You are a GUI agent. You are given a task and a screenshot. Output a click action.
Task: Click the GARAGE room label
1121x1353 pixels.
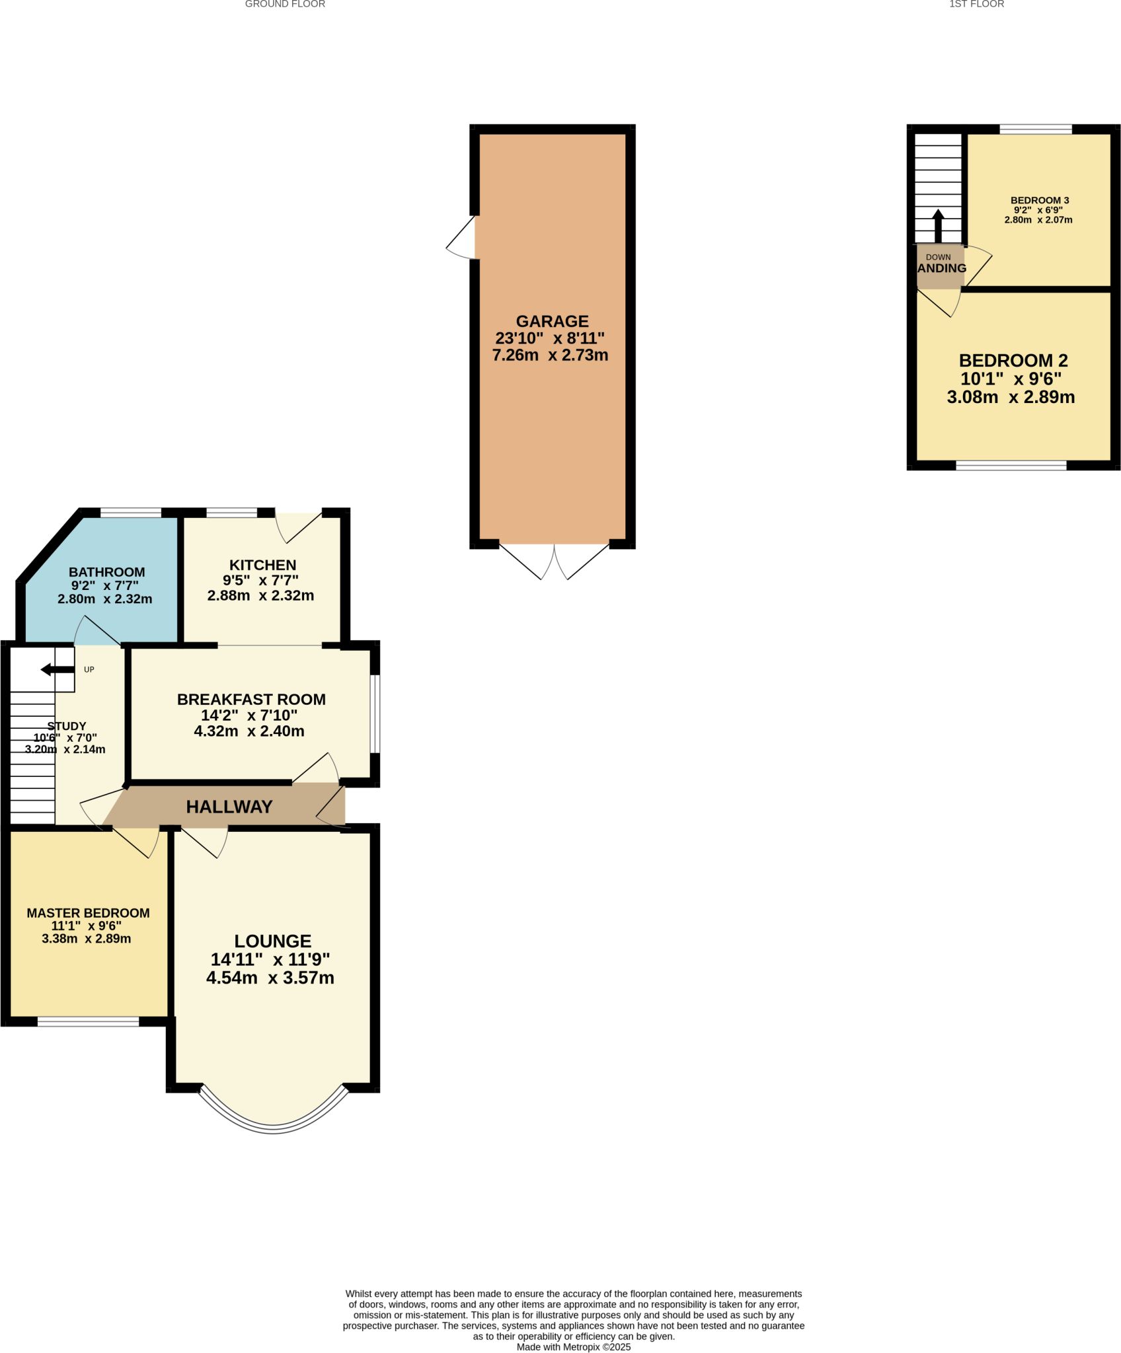(x=552, y=321)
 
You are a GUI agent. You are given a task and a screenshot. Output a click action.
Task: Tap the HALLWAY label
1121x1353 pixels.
(x=229, y=807)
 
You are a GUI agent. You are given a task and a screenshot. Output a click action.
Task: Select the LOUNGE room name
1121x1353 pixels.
(x=272, y=941)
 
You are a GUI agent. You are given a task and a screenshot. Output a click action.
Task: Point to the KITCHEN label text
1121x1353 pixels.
(x=262, y=565)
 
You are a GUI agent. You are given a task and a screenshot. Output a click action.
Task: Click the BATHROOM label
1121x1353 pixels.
(x=106, y=572)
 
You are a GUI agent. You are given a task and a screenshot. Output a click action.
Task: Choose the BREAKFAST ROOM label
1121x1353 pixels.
(x=251, y=699)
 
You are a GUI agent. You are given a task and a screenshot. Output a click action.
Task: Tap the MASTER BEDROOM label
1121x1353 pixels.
(x=88, y=913)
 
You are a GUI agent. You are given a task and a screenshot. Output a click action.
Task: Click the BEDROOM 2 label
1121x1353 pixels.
(x=1013, y=361)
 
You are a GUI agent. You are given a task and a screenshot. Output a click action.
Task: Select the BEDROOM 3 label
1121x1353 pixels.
(x=1040, y=200)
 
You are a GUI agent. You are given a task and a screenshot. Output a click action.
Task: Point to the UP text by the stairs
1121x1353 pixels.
(x=89, y=669)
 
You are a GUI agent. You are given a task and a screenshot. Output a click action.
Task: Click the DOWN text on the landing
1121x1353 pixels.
(x=939, y=257)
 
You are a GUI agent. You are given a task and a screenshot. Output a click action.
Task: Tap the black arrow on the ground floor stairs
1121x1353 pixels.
(x=58, y=670)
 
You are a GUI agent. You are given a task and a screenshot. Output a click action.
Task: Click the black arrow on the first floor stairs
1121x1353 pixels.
(x=938, y=226)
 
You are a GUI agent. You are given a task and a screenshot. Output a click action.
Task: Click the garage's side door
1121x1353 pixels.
(x=461, y=237)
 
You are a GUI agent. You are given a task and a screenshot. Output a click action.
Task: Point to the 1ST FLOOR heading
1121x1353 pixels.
(x=976, y=4)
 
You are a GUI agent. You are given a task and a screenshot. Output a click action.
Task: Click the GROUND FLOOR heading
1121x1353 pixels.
(x=285, y=4)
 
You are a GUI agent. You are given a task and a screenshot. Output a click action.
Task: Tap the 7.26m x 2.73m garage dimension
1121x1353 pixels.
(x=550, y=355)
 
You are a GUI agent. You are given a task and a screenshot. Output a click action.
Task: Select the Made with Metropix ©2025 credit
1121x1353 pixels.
(x=574, y=1347)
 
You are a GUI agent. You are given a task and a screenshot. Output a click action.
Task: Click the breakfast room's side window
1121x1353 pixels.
(x=375, y=713)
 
